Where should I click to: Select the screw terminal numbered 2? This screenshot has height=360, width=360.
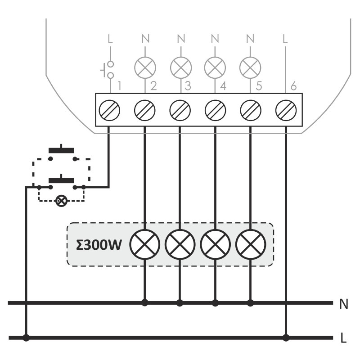tap(145, 109)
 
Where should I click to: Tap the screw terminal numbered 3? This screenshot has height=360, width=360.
tap(180, 109)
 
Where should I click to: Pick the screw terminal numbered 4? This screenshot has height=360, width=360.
tap(215, 109)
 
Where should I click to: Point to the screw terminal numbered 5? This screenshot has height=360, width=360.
tap(250, 109)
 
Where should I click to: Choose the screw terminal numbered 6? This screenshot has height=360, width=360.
tap(285, 109)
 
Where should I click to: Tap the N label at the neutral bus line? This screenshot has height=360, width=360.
tap(343, 305)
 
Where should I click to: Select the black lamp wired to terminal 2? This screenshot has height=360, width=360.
tap(145, 244)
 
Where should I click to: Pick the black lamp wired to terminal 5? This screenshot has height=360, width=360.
tap(251, 244)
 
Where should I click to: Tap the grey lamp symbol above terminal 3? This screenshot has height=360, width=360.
tap(181, 68)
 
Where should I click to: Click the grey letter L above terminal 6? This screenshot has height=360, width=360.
tap(285, 39)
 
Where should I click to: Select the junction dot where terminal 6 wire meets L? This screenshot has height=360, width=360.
tap(285, 337)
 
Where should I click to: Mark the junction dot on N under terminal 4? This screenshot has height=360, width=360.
tap(215, 303)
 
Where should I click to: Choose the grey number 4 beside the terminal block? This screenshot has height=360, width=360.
tap(223, 86)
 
